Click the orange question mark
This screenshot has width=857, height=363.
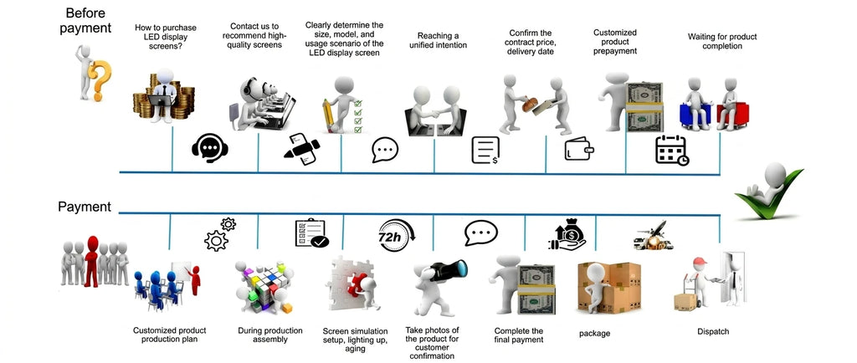coord(100,79)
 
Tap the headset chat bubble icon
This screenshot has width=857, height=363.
coord(210,147)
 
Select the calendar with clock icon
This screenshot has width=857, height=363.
coord(672,150)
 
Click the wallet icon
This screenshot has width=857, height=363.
coord(579,148)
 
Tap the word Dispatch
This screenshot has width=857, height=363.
coord(713,331)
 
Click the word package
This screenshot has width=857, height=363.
coord(595,334)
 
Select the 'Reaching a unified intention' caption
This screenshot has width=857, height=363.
coord(439,40)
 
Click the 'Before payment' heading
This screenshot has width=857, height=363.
coord(85,20)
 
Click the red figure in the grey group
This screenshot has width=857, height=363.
coord(92,261)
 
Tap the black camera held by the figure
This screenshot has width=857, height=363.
coord(449,270)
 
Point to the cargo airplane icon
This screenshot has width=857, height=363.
coord(653,235)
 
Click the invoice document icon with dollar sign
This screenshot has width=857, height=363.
coord(486,150)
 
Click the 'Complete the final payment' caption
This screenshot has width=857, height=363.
coord(519,335)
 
